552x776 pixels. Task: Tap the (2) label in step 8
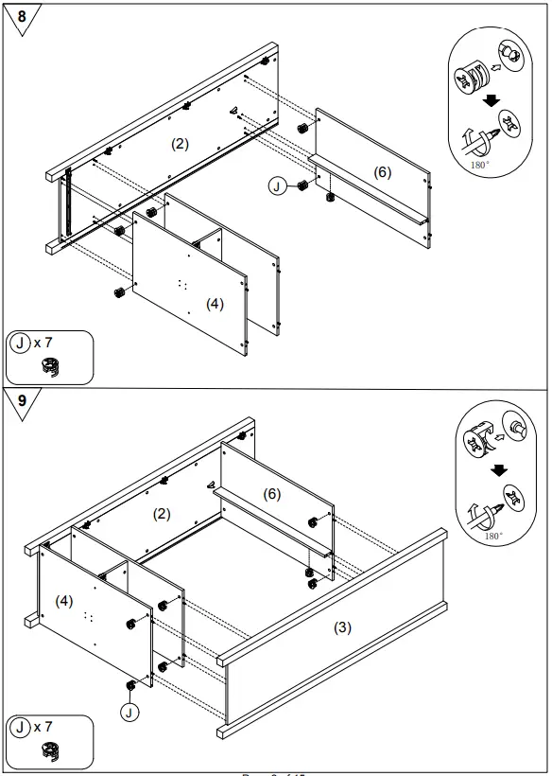click(180, 144)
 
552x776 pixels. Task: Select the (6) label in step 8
click(382, 172)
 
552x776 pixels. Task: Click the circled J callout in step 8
click(277, 186)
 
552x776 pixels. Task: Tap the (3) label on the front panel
click(342, 627)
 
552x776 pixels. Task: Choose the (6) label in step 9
click(271, 494)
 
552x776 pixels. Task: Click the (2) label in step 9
click(162, 514)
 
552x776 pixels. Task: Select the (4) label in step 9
click(64, 600)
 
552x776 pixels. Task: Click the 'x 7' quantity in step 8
click(43, 343)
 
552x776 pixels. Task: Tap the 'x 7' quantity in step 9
click(43, 727)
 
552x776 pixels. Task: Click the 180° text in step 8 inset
click(480, 164)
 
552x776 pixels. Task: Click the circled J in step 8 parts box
click(21, 343)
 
